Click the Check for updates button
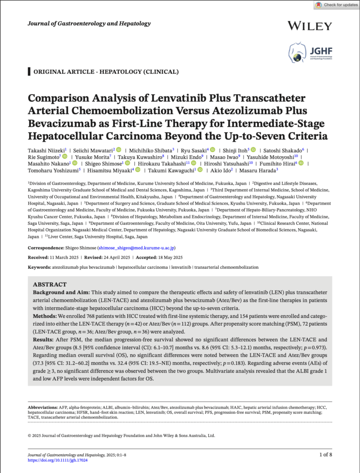coord(336,5)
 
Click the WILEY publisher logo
coord(309,25)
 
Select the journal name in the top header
coord(90,24)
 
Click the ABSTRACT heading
coord(50,285)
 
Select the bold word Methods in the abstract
coord(45,315)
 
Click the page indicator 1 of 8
coord(325,455)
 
